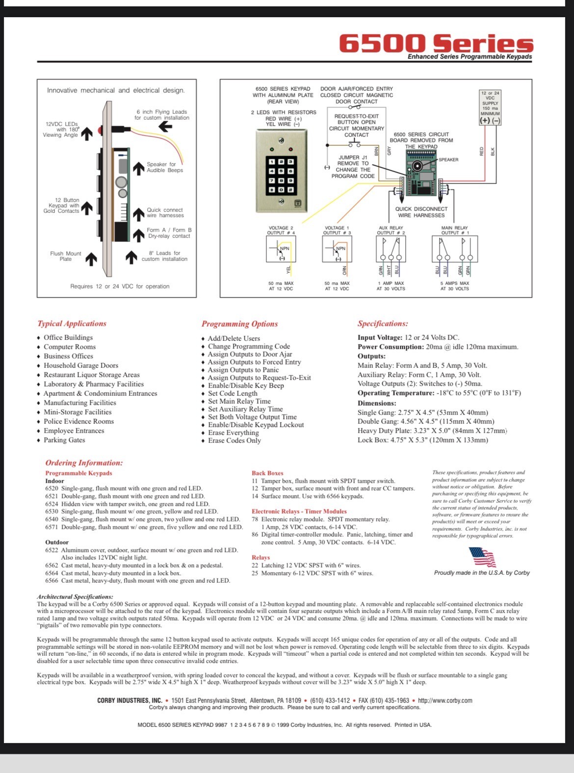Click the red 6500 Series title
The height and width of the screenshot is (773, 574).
(x=436, y=43)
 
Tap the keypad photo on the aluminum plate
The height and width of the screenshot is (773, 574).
(x=281, y=171)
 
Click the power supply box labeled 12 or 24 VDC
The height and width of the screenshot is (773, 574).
(x=490, y=107)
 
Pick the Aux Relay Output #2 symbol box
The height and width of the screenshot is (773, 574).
(x=391, y=250)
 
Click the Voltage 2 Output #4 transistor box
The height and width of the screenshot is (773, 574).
(x=281, y=250)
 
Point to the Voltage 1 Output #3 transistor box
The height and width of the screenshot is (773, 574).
(x=337, y=250)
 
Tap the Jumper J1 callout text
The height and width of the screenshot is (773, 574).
(x=352, y=167)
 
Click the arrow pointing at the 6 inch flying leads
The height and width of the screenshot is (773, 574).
(x=165, y=127)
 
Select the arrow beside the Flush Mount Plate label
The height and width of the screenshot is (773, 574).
(x=91, y=258)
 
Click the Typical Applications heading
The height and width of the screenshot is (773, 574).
(x=72, y=324)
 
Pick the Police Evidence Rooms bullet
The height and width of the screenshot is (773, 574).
(x=78, y=421)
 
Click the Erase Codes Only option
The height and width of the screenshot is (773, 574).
(x=234, y=440)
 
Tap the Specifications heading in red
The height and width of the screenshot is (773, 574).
(x=383, y=324)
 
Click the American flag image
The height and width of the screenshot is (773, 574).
(x=483, y=557)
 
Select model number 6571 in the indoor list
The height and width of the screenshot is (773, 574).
(x=52, y=527)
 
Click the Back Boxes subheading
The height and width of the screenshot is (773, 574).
(x=267, y=473)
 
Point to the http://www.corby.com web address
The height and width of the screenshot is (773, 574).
(x=445, y=700)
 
